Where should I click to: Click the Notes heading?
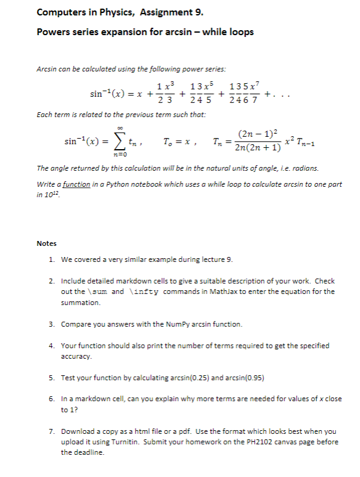(x=46, y=243)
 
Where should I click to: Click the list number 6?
(x=52, y=399)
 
